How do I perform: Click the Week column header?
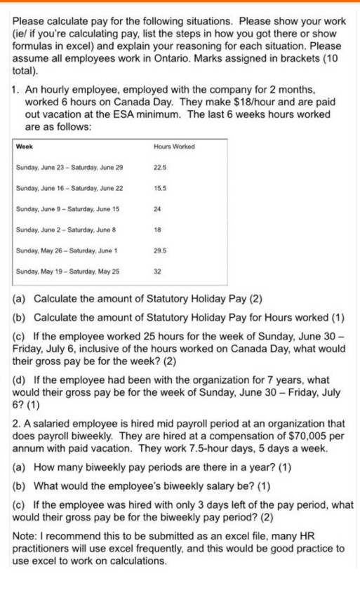pos(25,146)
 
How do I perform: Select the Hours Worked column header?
pos(173,146)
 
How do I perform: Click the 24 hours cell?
pos(156,208)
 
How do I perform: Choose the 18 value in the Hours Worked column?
pos(156,229)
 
